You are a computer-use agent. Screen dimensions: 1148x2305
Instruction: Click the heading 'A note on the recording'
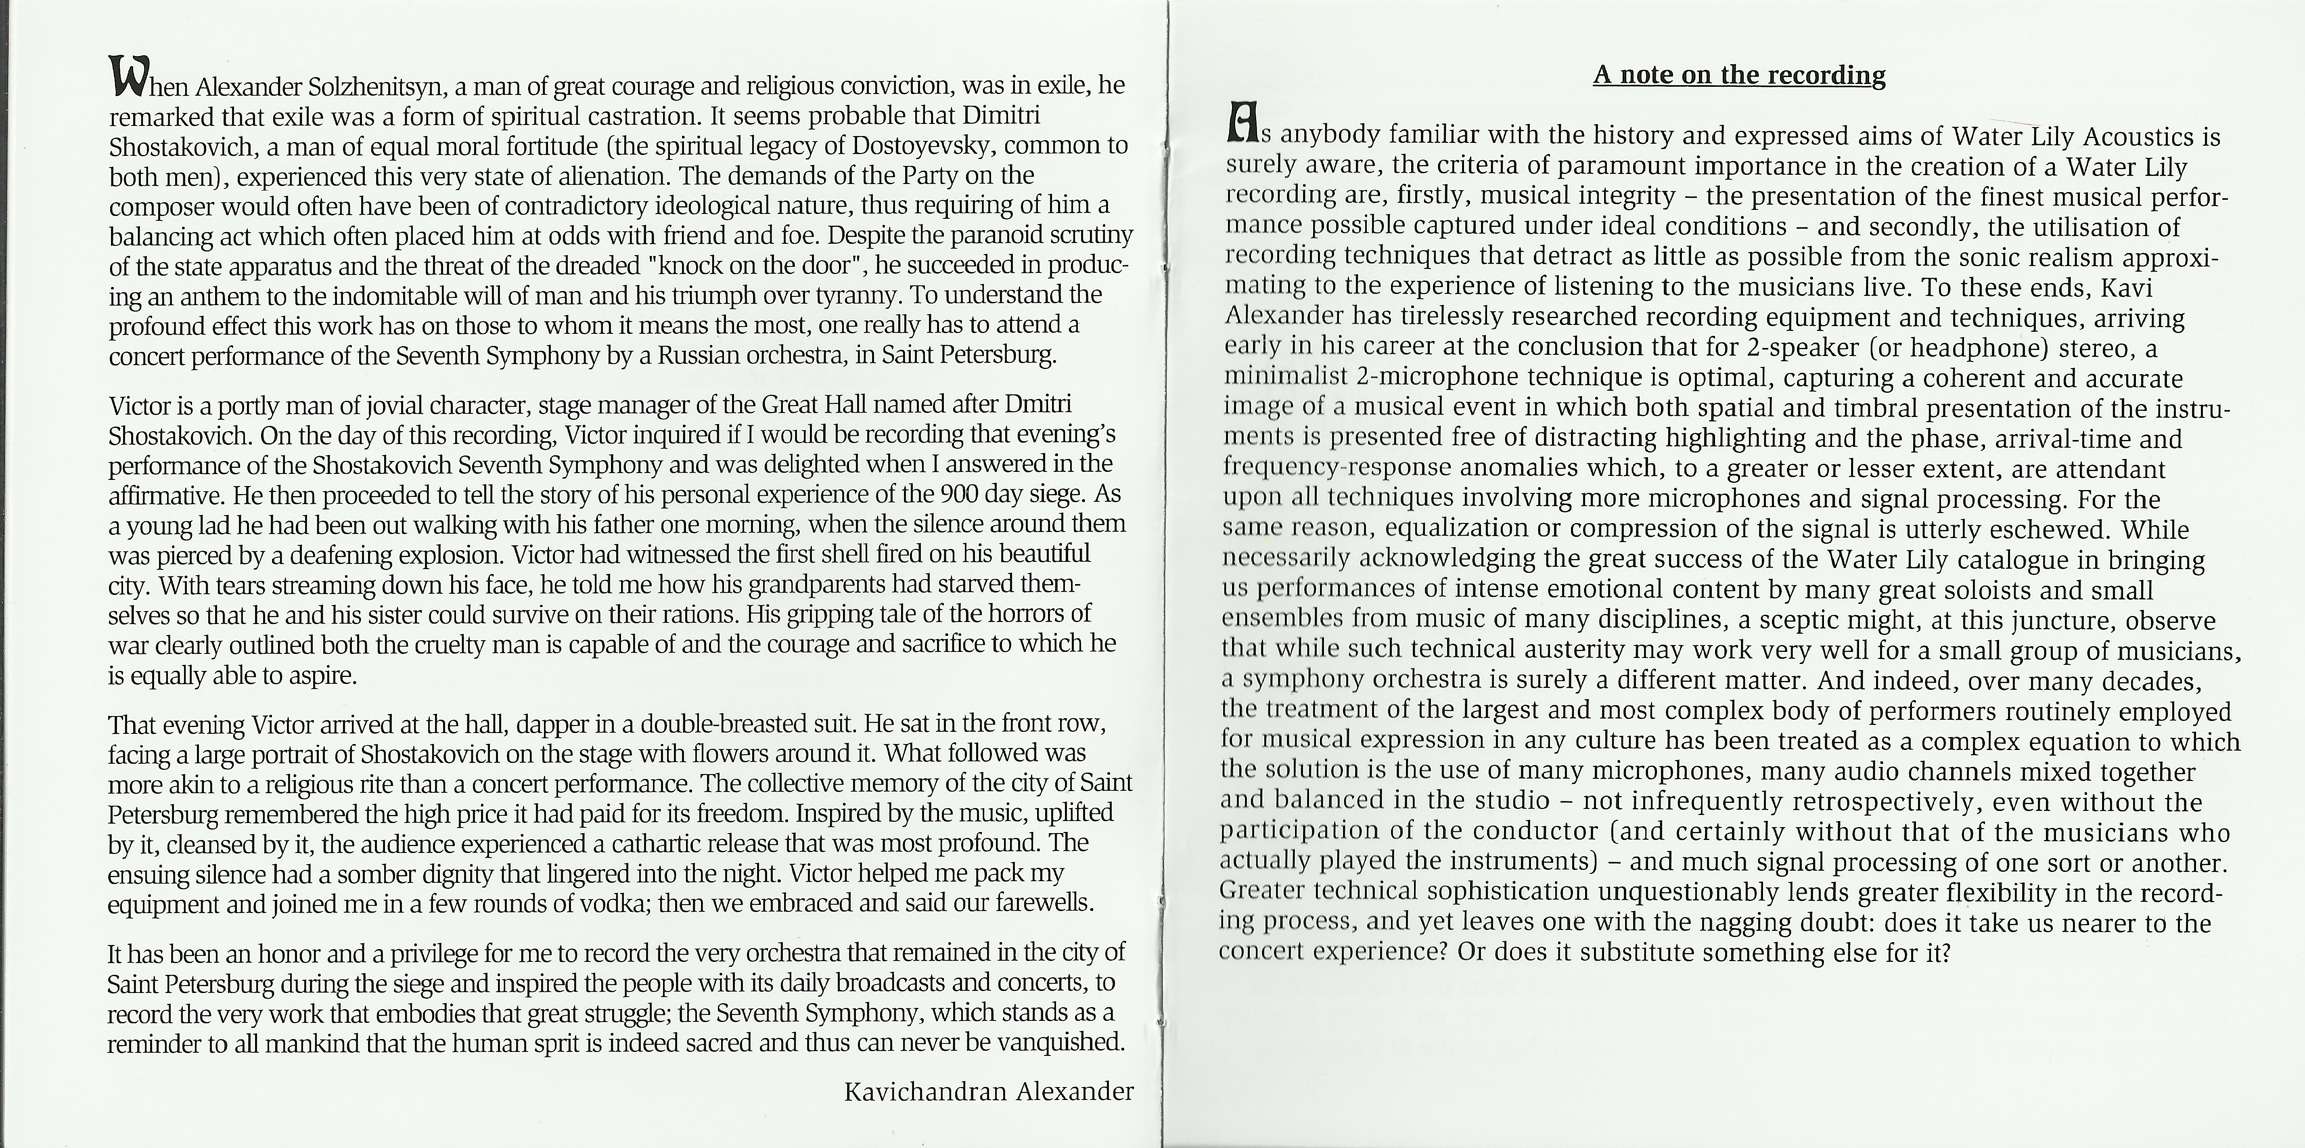tap(1738, 75)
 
